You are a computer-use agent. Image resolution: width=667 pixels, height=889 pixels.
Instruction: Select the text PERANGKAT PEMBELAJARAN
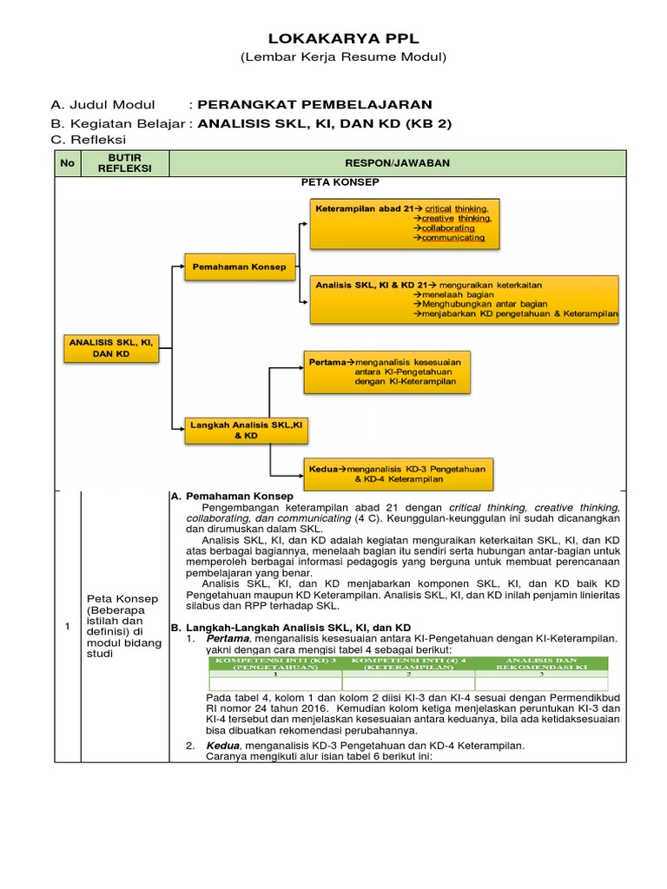(x=314, y=105)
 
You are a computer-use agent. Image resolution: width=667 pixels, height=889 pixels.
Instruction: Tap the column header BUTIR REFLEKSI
(x=124, y=162)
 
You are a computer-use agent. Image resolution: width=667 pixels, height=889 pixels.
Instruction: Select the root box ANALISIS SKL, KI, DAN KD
(x=110, y=348)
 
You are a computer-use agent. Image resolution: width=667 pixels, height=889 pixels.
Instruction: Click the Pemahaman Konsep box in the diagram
(x=239, y=267)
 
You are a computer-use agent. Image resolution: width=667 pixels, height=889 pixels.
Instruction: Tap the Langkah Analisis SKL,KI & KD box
(x=241, y=430)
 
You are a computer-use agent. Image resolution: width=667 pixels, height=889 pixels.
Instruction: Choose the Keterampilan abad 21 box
(x=406, y=223)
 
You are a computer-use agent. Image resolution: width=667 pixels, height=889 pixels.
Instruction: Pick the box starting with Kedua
(x=398, y=473)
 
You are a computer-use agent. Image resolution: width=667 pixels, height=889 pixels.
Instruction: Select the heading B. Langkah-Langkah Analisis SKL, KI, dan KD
(x=290, y=627)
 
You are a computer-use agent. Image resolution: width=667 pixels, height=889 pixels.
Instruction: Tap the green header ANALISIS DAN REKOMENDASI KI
(x=541, y=664)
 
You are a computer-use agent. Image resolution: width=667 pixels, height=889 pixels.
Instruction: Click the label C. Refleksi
(x=89, y=139)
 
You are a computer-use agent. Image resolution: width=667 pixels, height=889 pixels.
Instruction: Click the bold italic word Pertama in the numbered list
(x=227, y=638)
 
